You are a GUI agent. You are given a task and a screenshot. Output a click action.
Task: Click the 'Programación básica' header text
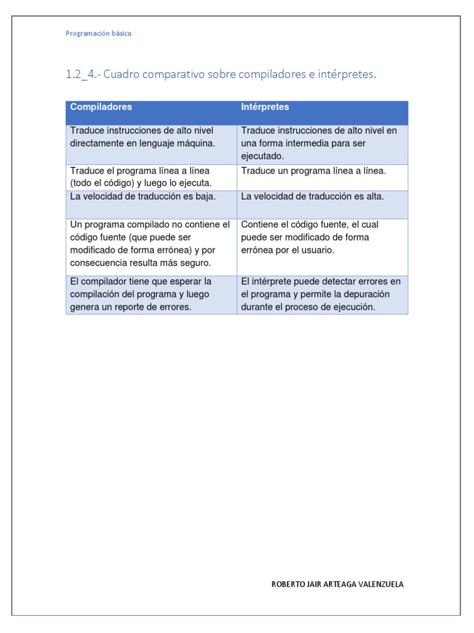tap(98, 33)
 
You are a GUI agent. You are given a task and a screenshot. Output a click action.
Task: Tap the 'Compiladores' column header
tap(101, 107)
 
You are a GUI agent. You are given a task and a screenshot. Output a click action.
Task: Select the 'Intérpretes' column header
tap(265, 107)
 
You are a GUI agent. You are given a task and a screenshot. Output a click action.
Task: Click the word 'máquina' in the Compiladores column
tap(197, 143)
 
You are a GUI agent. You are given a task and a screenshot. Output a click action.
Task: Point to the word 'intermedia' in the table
tap(309, 143)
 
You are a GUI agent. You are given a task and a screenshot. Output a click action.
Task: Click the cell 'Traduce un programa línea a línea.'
tap(314, 171)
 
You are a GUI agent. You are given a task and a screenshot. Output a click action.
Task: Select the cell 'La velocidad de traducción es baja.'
tap(143, 197)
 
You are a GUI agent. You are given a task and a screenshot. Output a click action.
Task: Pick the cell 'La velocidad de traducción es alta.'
tap(312, 197)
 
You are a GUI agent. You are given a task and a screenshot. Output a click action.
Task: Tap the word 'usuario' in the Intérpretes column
tap(317, 250)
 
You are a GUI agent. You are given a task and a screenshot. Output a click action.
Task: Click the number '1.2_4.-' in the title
tap(83, 75)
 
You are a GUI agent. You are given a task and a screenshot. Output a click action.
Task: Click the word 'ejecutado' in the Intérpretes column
tap(261, 156)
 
